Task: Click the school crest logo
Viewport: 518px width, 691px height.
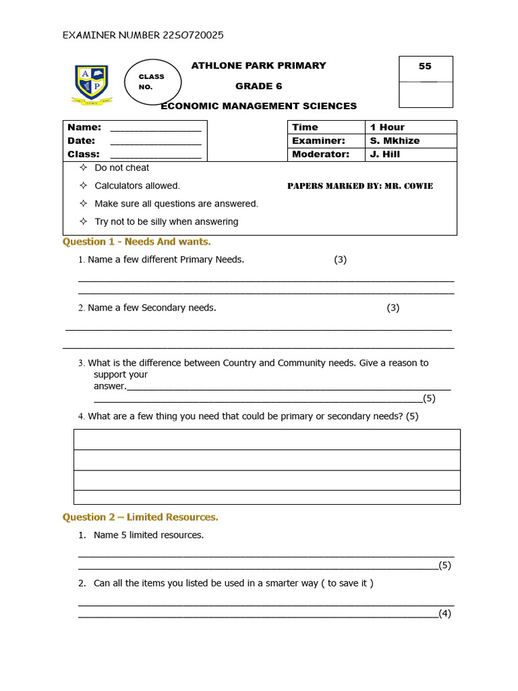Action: pos(92,85)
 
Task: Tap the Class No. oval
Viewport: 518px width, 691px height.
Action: pos(152,82)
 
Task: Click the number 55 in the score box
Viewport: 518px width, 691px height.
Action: pos(425,66)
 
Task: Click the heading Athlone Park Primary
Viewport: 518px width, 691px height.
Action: pos(258,65)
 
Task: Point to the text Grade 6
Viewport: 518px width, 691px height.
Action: pos(258,86)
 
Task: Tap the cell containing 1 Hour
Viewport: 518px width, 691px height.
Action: pos(411,127)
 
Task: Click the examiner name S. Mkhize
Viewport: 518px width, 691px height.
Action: pos(395,140)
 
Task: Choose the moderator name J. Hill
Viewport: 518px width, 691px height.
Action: pos(384,154)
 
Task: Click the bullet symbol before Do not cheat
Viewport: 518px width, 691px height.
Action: pos(83,167)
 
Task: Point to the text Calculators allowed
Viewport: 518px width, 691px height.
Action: pos(137,186)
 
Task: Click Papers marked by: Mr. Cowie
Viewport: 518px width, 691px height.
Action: pos(360,186)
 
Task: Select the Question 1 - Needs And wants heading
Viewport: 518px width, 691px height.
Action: pos(137,242)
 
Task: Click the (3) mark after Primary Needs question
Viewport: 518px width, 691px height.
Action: pos(340,260)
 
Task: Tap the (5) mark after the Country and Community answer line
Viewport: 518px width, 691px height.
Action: pos(429,398)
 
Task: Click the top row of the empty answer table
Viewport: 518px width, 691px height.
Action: pos(266,439)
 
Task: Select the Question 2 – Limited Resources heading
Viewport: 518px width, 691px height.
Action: pos(140,517)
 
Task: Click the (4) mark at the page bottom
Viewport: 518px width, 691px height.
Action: pos(444,613)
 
